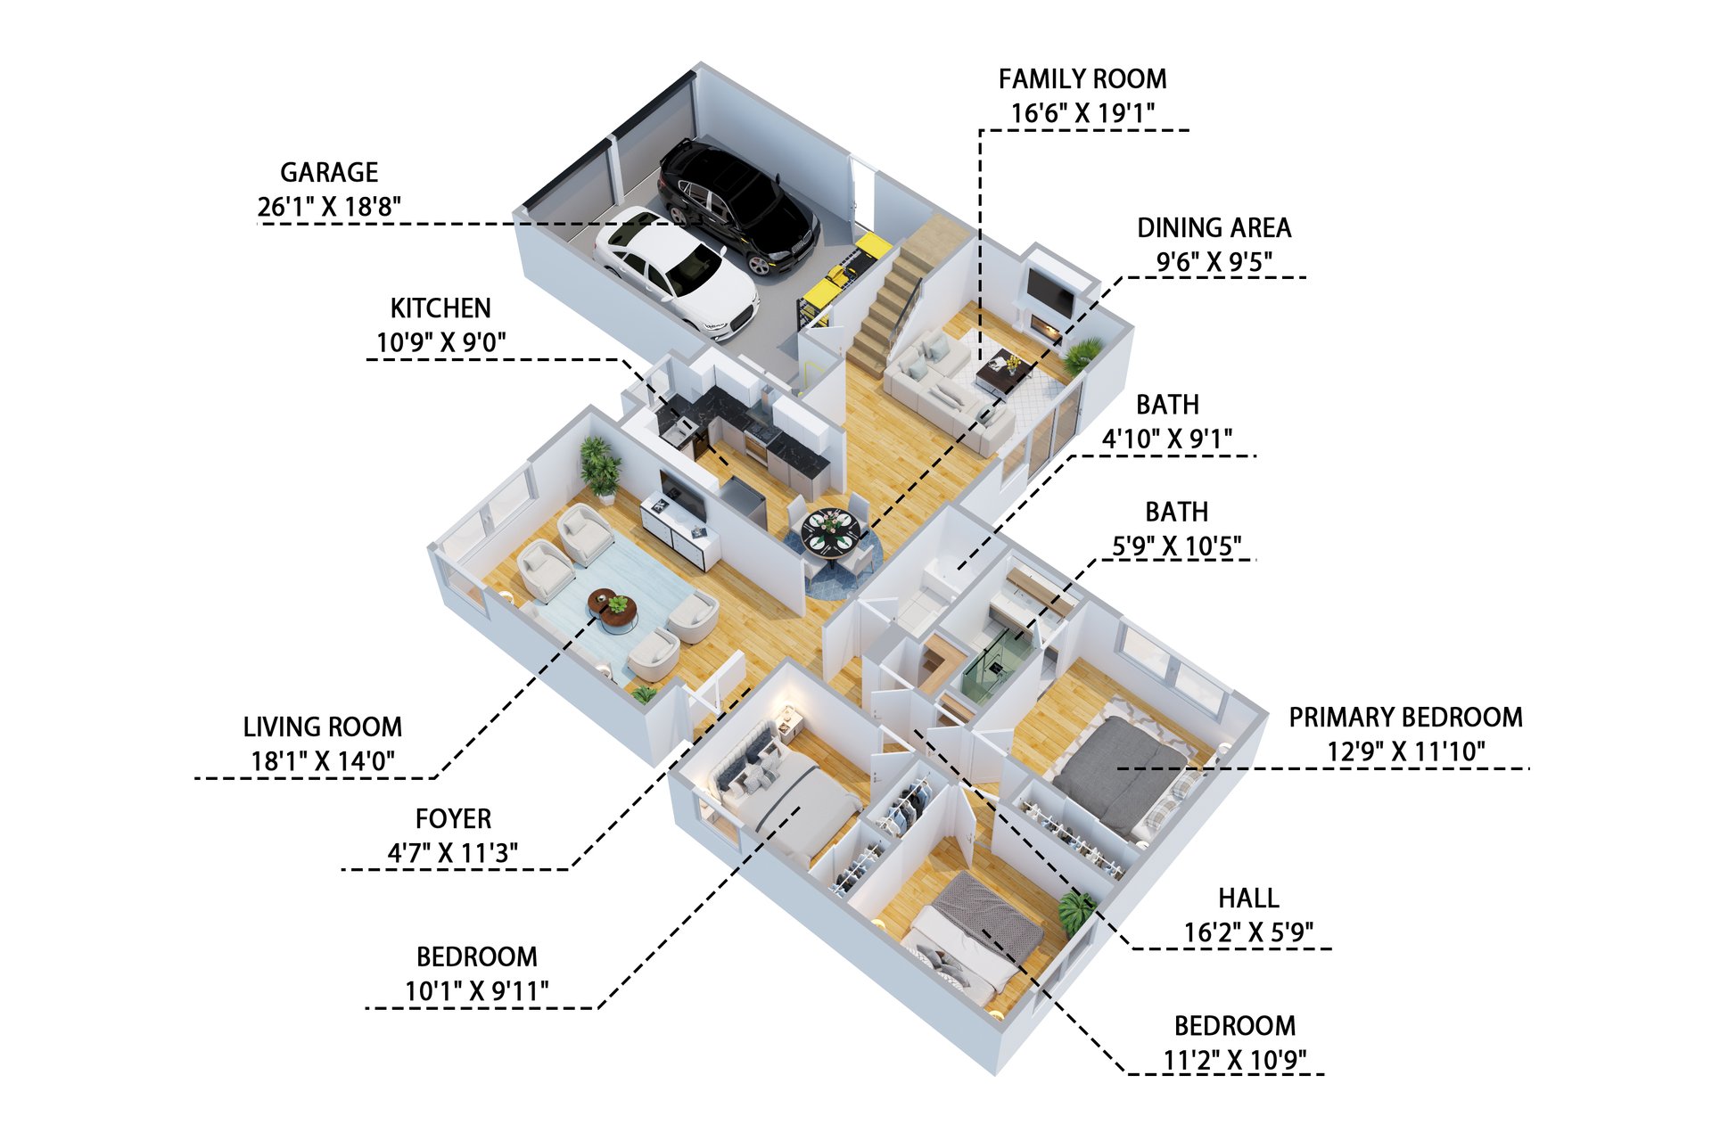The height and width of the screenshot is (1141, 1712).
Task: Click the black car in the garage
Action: click(737, 207)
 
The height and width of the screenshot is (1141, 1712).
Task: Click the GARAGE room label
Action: click(329, 172)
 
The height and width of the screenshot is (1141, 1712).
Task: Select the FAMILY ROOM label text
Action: click(1082, 79)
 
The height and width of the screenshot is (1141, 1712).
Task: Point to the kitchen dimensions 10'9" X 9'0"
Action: click(440, 342)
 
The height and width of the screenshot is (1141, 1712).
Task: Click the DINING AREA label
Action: click(1214, 228)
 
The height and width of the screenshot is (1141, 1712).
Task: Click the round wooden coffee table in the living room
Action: click(613, 610)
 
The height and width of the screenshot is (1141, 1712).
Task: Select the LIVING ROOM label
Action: click(323, 727)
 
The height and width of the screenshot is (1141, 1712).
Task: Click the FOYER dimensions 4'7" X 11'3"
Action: click(453, 853)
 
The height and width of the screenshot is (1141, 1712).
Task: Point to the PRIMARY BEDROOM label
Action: click(1405, 718)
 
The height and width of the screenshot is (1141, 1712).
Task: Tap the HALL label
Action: click(1248, 898)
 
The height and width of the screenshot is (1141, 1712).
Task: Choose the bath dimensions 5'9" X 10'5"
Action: click(1176, 546)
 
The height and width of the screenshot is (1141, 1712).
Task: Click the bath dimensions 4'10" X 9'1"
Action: click(1167, 439)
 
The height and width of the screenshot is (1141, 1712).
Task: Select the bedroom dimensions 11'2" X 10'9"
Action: click(1234, 1061)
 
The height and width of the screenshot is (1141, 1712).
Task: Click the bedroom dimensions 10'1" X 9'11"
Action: click(476, 991)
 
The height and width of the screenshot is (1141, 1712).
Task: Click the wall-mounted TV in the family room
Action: click(1050, 291)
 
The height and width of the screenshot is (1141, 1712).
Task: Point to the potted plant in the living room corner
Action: click(600, 466)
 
